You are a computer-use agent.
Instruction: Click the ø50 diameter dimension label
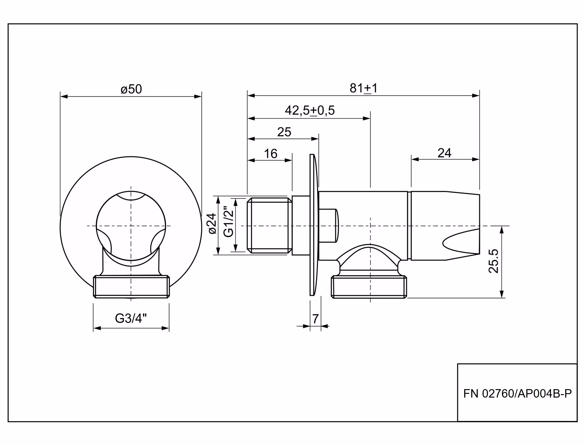131,89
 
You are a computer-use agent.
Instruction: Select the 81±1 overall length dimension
363,88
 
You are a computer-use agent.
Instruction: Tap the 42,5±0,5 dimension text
310,110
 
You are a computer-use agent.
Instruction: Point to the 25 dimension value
284,132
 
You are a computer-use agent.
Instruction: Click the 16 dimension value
271,154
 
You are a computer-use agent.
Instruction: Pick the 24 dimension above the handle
444,153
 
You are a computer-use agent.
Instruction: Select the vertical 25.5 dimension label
494,261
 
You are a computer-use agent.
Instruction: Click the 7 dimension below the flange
315,319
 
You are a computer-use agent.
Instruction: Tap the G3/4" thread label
131,318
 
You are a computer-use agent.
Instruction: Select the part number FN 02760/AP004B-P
517,394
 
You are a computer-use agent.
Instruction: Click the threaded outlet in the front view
131,286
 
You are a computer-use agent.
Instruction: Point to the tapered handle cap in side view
445,226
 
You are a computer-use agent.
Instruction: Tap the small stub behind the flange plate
328,226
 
